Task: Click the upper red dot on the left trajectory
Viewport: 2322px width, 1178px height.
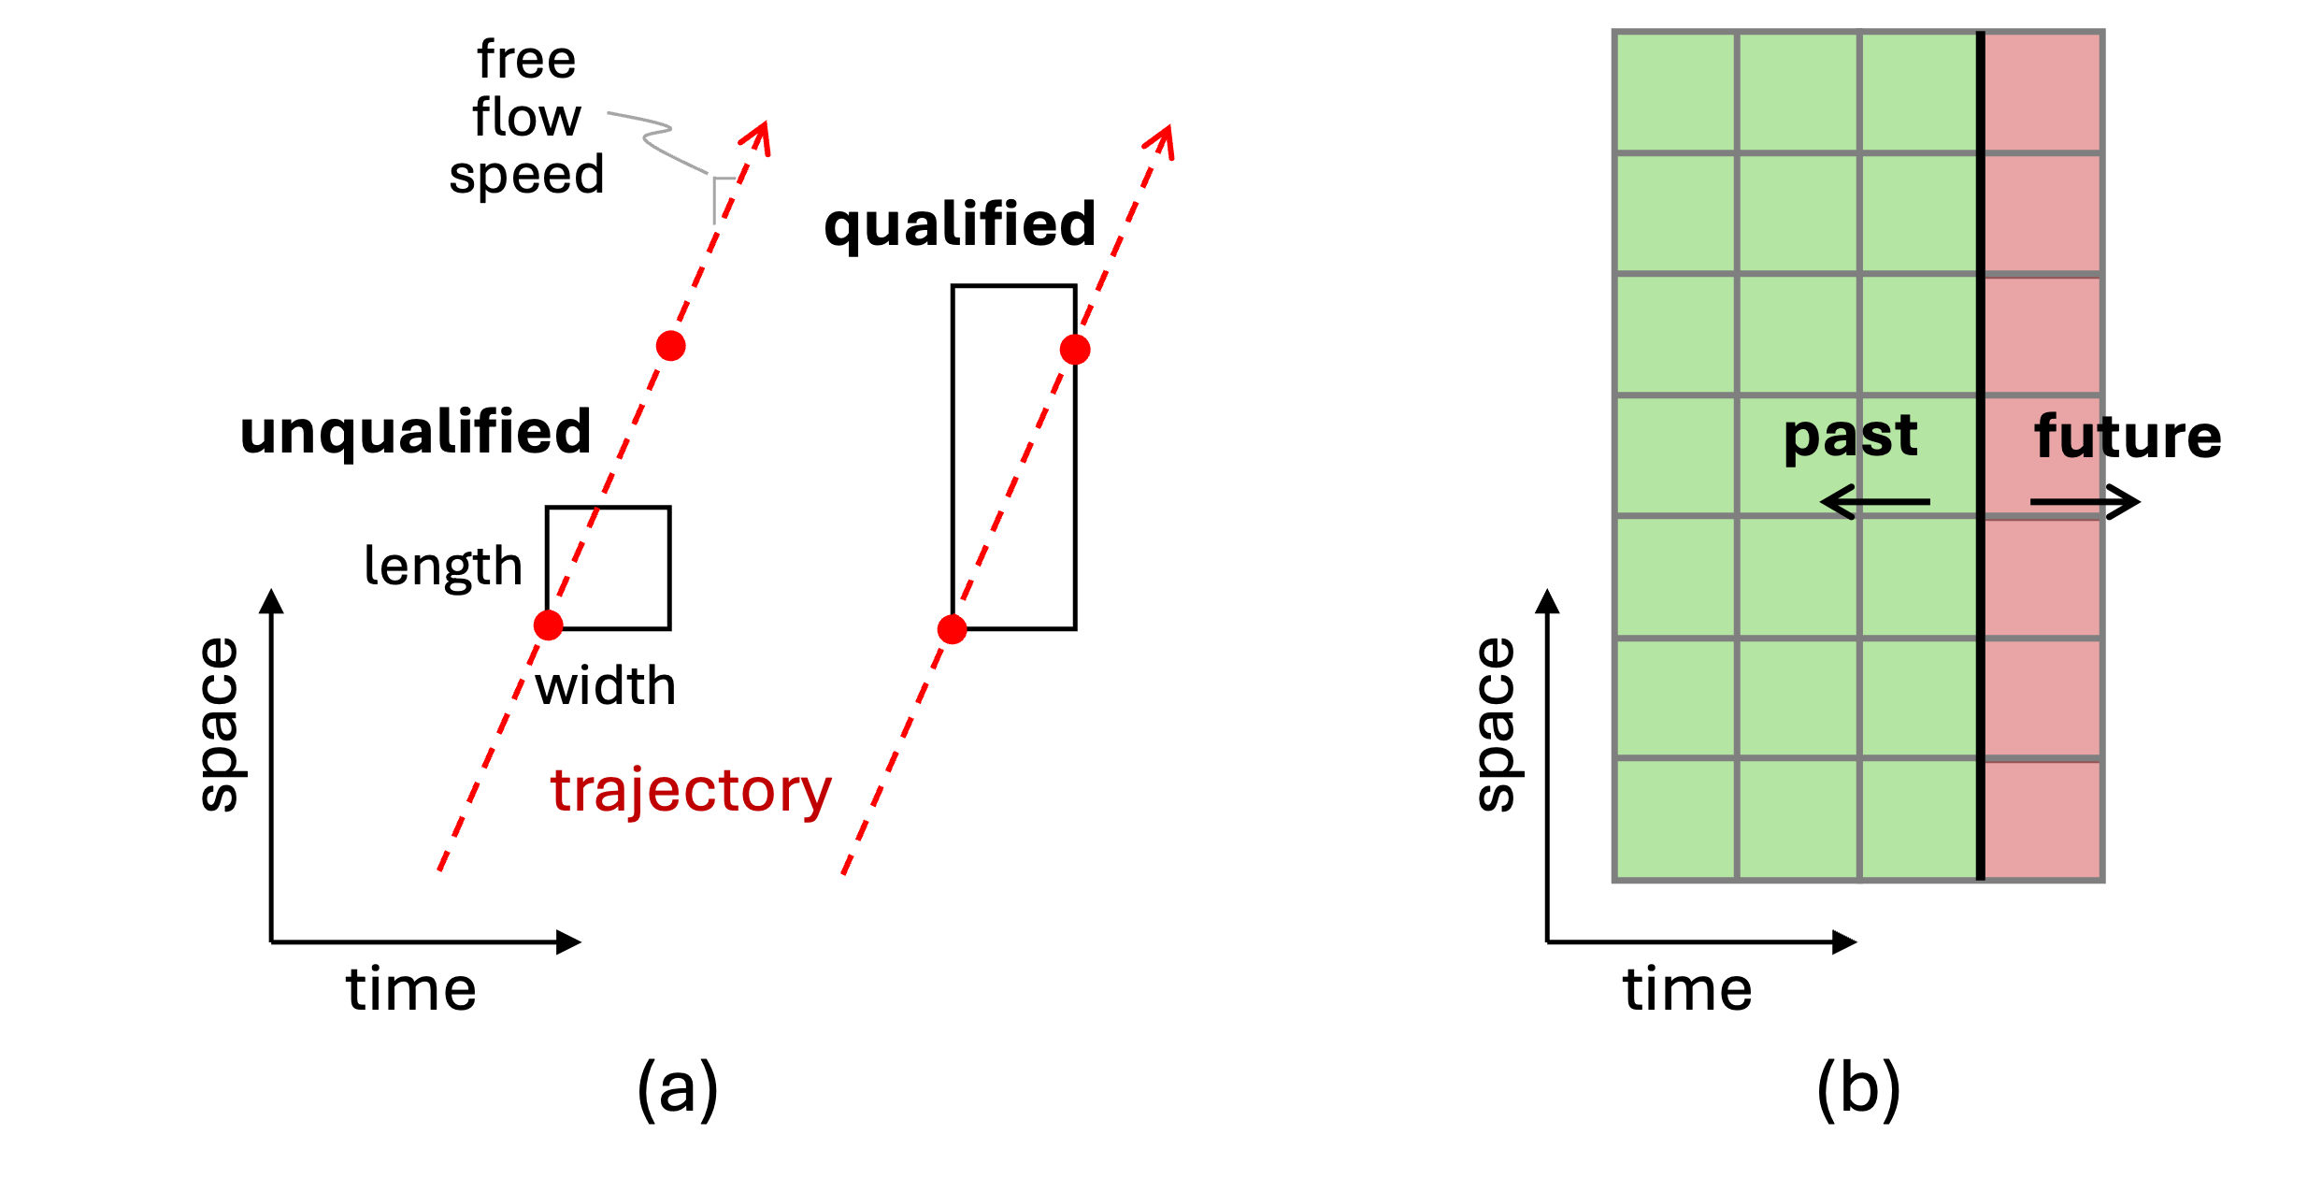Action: pyautogui.click(x=670, y=346)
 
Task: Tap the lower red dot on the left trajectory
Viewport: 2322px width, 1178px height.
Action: pyautogui.click(x=548, y=625)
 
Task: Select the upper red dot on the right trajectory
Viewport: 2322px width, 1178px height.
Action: pyautogui.click(x=1075, y=350)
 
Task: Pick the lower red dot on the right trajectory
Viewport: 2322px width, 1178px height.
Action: pyautogui.click(x=952, y=629)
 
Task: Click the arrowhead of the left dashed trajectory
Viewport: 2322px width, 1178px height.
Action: pyautogui.click(x=758, y=136)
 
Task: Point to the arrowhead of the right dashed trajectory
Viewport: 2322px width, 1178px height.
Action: pyautogui.click(x=1162, y=140)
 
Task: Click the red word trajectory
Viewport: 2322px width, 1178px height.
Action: pyautogui.click(x=690, y=791)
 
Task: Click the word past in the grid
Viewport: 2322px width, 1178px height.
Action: pyautogui.click(x=1850, y=436)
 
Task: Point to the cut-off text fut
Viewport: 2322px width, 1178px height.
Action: pyautogui.click(x=2068, y=438)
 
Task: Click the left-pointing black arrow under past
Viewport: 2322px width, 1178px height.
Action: pyautogui.click(x=1874, y=502)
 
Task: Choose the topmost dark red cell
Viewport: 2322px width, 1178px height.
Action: pyautogui.click(x=2042, y=92)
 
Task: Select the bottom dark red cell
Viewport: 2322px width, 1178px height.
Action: pyautogui.click(x=2042, y=820)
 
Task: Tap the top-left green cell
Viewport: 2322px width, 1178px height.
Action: pyautogui.click(x=1675, y=92)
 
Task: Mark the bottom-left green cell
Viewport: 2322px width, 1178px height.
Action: pyautogui.click(x=1675, y=820)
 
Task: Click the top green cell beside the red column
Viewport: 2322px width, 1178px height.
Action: pyautogui.click(x=1918, y=92)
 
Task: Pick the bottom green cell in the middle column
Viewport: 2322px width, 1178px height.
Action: pyautogui.click(x=1798, y=820)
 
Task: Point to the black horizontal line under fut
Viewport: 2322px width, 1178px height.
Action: pyautogui.click(x=2067, y=503)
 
